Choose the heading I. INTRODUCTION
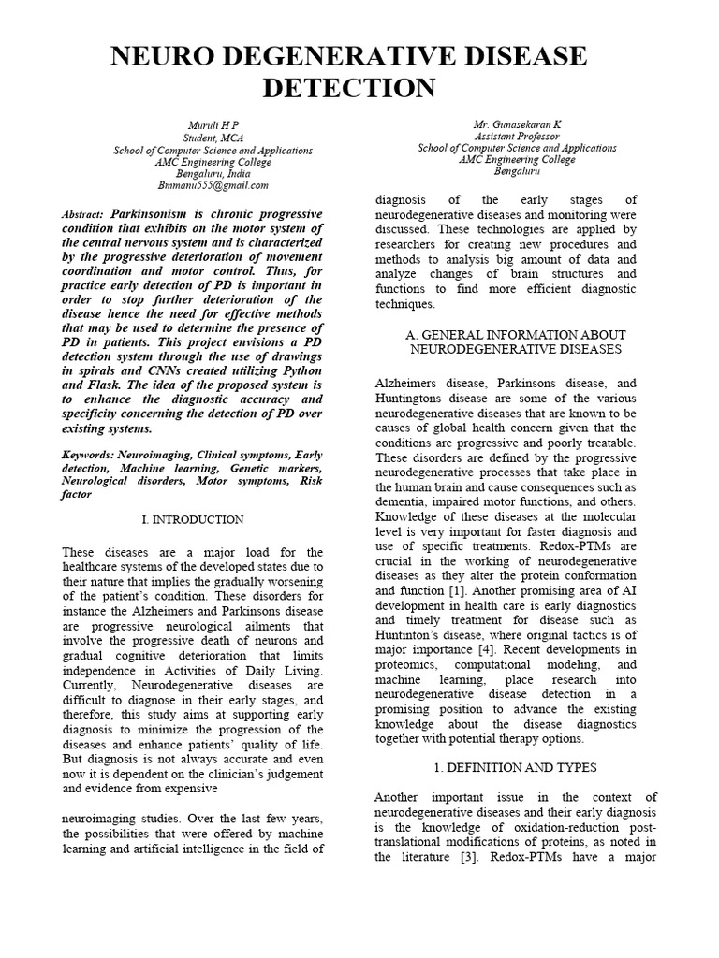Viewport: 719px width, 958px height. click(x=192, y=519)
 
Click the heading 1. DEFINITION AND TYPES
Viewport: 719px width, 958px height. click(x=516, y=767)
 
